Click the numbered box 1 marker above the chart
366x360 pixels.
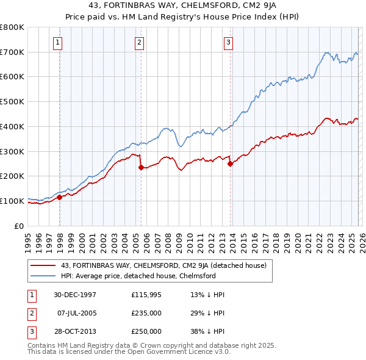click(x=57, y=43)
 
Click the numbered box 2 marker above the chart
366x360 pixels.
click(x=139, y=43)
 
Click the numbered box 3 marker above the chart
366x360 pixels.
click(x=228, y=43)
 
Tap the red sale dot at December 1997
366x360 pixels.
click(x=60, y=197)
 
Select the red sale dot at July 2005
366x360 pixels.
click(x=141, y=167)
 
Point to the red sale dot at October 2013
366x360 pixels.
click(x=231, y=164)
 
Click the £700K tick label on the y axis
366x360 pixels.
click(x=12, y=52)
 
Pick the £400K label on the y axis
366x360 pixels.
click(x=12, y=127)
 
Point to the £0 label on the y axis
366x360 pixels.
click(x=18, y=226)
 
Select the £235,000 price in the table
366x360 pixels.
click(x=146, y=313)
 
